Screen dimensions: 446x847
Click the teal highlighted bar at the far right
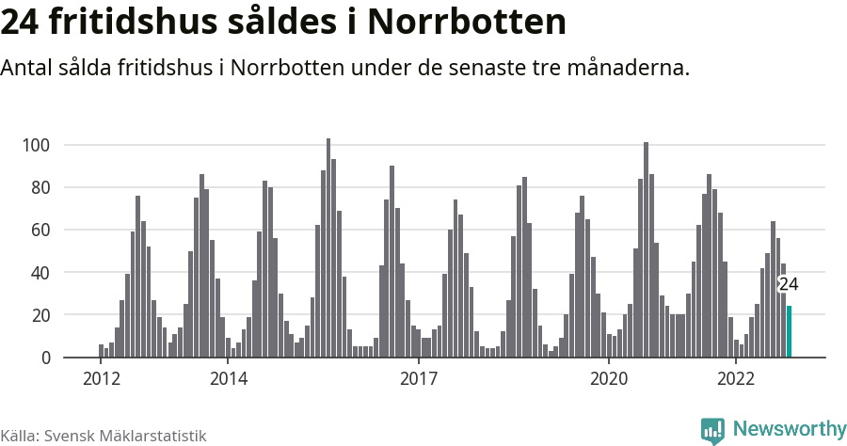[789, 332]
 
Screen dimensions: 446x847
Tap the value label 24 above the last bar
[789, 284]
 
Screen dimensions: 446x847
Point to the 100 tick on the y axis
[36, 145]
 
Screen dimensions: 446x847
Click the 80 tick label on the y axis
[40, 187]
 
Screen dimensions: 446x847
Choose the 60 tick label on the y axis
[40, 230]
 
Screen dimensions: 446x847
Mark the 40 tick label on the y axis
[40, 273]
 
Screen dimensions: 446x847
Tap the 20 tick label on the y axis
[40, 315]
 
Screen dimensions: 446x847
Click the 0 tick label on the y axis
[44, 358]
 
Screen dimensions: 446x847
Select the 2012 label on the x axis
[102, 378]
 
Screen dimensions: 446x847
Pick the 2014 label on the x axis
[229, 378]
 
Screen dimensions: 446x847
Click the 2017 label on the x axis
[419, 378]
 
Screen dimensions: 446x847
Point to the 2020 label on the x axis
[609, 378]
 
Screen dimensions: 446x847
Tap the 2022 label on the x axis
[736, 378]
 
